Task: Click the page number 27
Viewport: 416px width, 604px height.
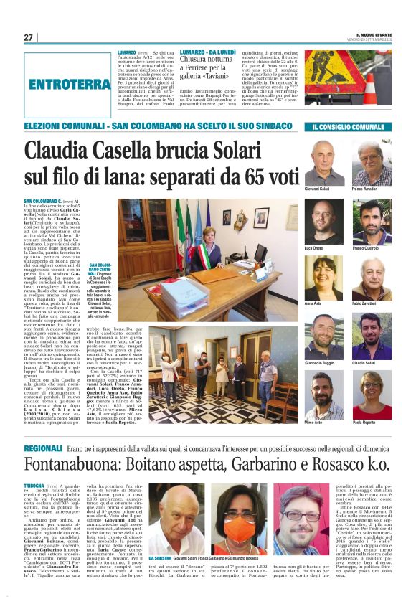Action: pyautogui.click(x=28, y=37)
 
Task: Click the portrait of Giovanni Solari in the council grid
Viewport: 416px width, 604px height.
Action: pyautogui.click(x=323, y=163)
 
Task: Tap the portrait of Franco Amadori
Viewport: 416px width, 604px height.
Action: pyautogui.click(x=372, y=163)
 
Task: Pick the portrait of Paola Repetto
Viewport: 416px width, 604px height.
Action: pyautogui.click(x=372, y=394)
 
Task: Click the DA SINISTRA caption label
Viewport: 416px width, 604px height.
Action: pyautogui.click(x=161, y=557)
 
